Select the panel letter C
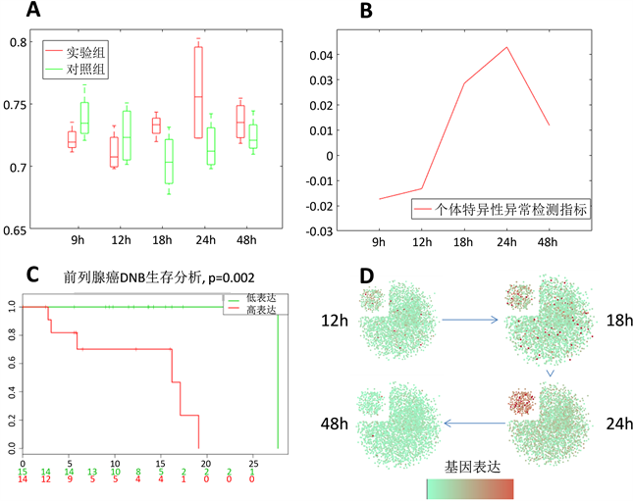click(x=31, y=275)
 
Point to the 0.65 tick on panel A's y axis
click(x=17, y=230)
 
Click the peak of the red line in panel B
click(x=506, y=47)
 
